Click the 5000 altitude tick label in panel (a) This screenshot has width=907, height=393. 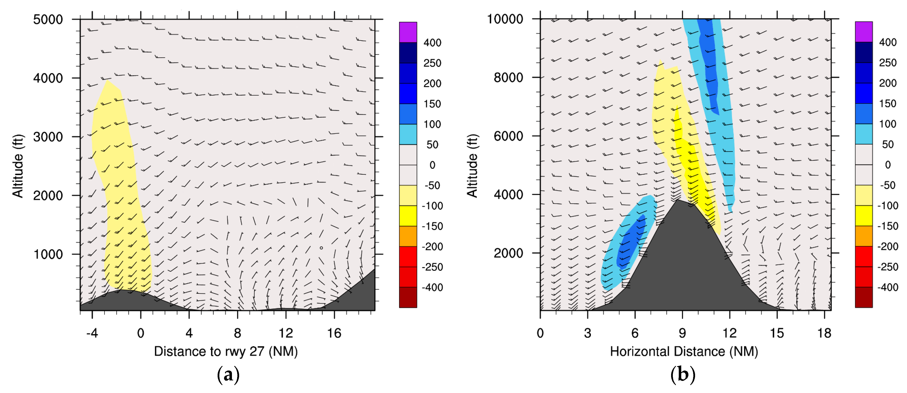click(x=48, y=19)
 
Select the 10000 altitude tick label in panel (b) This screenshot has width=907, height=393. click(x=505, y=19)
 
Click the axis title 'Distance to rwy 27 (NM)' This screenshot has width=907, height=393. click(x=226, y=352)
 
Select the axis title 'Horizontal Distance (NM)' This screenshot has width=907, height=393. click(x=684, y=352)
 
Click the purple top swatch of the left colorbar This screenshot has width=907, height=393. click(x=408, y=32)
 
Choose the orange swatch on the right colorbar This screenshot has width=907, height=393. click(x=864, y=236)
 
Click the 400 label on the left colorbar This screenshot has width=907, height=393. click(x=432, y=43)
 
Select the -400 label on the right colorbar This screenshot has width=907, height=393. click(x=887, y=287)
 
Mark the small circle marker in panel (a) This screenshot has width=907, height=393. click(x=321, y=248)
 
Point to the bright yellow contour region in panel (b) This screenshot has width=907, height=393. click(x=692, y=169)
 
